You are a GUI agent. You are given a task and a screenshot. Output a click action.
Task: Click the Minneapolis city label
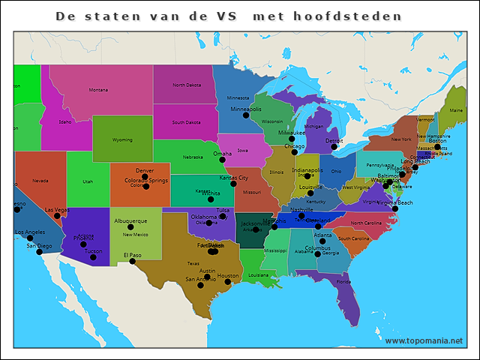click(x=246, y=109)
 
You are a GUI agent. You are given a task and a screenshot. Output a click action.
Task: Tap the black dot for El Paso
click(x=132, y=261)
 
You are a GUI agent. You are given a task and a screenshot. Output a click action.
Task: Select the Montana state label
click(x=98, y=90)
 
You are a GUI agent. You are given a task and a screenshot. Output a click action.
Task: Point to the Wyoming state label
click(x=122, y=139)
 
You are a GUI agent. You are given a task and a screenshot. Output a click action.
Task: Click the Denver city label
click(x=145, y=170)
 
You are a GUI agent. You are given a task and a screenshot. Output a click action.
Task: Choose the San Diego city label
click(x=40, y=245)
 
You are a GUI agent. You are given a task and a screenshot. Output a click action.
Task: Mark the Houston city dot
click(x=227, y=281)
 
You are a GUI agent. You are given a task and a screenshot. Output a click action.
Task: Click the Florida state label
click(x=343, y=282)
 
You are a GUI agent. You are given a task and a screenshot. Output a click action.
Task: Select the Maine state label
click(x=455, y=109)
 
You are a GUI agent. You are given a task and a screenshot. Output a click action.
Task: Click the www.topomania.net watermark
click(x=424, y=341)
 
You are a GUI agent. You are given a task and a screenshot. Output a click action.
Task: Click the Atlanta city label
click(x=323, y=235)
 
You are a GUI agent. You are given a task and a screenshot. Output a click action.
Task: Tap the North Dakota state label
click(x=187, y=85)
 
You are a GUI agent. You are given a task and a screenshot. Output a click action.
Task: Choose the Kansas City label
click(x=233, y=178)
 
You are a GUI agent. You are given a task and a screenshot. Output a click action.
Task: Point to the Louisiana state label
click(x=258, y=275)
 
